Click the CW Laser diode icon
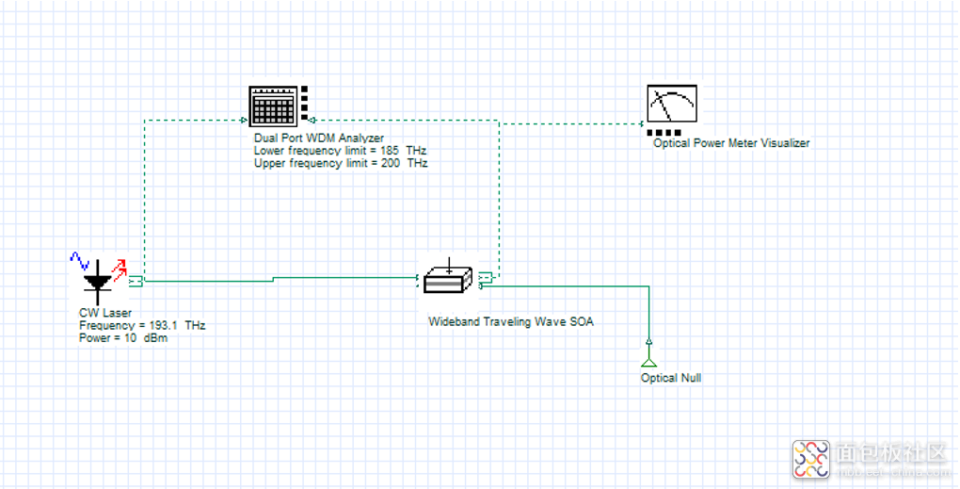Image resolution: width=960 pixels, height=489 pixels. coord(98,282)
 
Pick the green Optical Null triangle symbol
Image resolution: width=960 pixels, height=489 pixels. coord(649,361)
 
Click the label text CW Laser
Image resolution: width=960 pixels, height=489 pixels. coord(105,313)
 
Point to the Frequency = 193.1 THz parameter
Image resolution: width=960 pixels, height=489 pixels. coord(142,325)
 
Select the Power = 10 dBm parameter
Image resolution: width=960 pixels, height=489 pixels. coord(123,338)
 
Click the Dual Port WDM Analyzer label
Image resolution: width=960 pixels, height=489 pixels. coord(319,138)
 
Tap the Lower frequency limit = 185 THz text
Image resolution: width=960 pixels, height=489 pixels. coord(341,151)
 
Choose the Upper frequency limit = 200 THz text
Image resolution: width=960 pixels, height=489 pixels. coord(341,163)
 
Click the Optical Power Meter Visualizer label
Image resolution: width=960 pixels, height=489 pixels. coord(731,143)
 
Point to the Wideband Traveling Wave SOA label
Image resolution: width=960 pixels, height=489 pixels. coord(511,321)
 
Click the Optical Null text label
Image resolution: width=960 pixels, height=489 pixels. coord(671,378)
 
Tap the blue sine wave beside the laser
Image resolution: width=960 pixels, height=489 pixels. coord(80,260)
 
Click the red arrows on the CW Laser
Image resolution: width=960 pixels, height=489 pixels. coord(120,269)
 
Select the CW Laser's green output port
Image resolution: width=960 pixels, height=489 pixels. coord(136,282)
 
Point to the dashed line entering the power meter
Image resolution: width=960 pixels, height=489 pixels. coord(570,123)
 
